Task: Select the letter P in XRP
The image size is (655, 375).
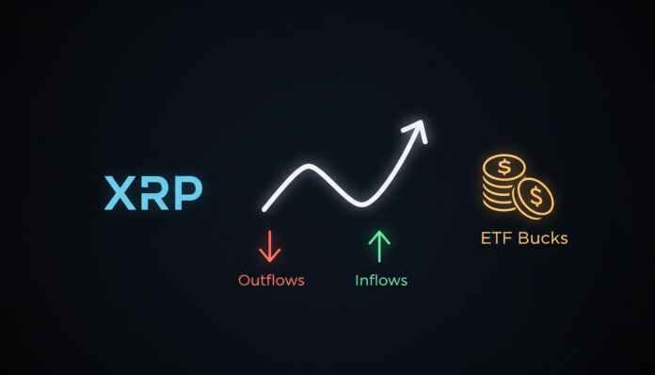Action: click(186, 192)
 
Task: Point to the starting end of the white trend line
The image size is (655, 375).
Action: click(264, 208)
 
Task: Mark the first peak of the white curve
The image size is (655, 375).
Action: click(308, 167)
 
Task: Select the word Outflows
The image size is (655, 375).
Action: click(271, 280)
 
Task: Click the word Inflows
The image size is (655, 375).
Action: click(381, 280)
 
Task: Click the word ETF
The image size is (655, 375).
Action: click(497, 238)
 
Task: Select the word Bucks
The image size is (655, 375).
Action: click(543, 238)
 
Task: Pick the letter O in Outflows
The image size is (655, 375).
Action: click(244, 280)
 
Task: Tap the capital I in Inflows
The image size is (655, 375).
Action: click(357, 280)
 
